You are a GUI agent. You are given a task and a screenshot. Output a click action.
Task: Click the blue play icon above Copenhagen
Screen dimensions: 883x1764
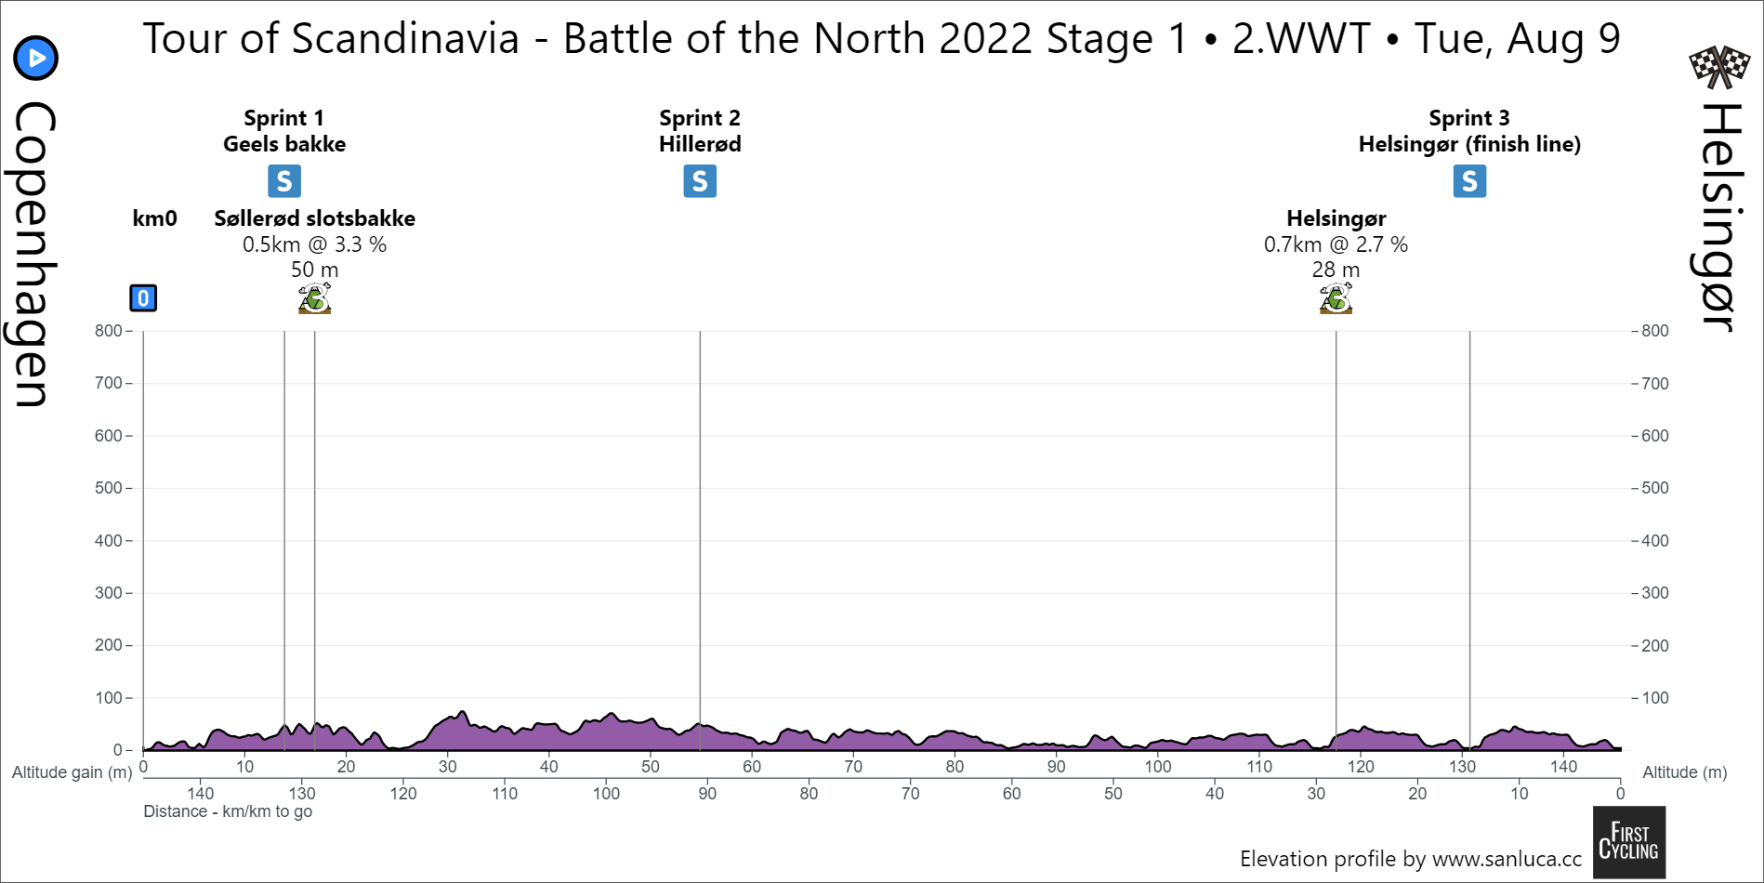click(x=36, y=59)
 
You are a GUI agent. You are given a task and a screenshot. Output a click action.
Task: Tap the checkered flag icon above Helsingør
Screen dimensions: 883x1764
click(x=1718, y=65)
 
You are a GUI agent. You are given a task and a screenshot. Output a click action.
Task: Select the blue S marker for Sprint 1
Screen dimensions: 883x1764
click(x=284, y=181)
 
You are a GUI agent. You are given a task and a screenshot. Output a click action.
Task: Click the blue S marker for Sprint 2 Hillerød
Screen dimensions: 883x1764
click(x=700, y=181)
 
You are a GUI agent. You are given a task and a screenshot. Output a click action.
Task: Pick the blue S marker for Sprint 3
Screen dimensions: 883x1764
click(x=1469, y=181)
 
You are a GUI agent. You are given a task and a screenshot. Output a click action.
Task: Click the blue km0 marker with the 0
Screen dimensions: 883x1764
click(x=143, y=298)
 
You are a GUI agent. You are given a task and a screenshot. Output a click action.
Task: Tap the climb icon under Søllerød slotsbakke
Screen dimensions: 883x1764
click(x=314, y=298)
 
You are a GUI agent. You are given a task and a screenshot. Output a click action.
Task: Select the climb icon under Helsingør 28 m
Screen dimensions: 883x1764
click(x=1336, y=298)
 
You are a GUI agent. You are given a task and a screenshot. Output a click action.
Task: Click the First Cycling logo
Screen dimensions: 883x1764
click(x=1628, y=842)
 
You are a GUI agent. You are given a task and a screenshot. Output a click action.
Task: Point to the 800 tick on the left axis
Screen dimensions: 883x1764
click(x=109, y=331)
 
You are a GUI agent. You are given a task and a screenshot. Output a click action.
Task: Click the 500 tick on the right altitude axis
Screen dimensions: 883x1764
click(x=1655, y=488)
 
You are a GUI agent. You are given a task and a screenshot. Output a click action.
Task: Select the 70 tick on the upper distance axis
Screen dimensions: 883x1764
click(x=853, y=767)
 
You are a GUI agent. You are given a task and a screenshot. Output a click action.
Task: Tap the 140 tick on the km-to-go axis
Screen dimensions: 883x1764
click(x=201, y=794)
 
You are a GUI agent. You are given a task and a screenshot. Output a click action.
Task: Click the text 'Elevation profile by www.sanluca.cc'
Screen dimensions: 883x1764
click(x=1410, y=859)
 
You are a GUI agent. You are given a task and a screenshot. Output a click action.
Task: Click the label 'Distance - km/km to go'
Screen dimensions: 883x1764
click(x=228, y=811)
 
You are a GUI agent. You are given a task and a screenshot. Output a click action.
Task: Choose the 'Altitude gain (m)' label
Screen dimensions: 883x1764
click(x=72, y=772)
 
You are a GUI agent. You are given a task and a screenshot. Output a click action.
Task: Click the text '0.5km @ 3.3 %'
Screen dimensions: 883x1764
click(x=314, y=244)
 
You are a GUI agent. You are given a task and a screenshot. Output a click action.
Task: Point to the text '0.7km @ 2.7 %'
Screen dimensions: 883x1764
click(x=1336, y=244)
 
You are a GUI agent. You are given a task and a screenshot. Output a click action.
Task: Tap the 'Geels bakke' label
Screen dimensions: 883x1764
click(x=284, y=144)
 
